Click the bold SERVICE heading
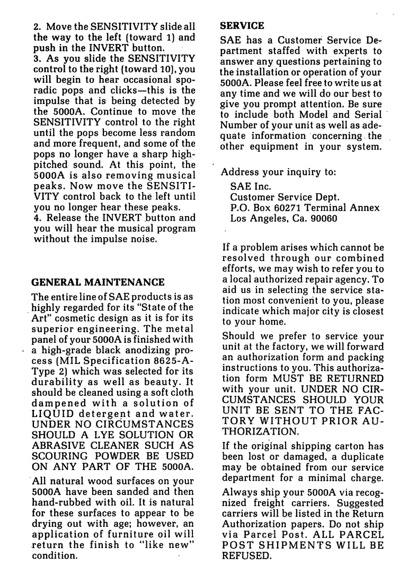pyautogui.click(x=242, y=25)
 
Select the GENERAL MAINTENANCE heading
pyautogui.click(x=99, y=282)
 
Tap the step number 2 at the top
pyautogui.click(x=36, y=27)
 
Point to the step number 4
pyautogui.click(x=36, y=217)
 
